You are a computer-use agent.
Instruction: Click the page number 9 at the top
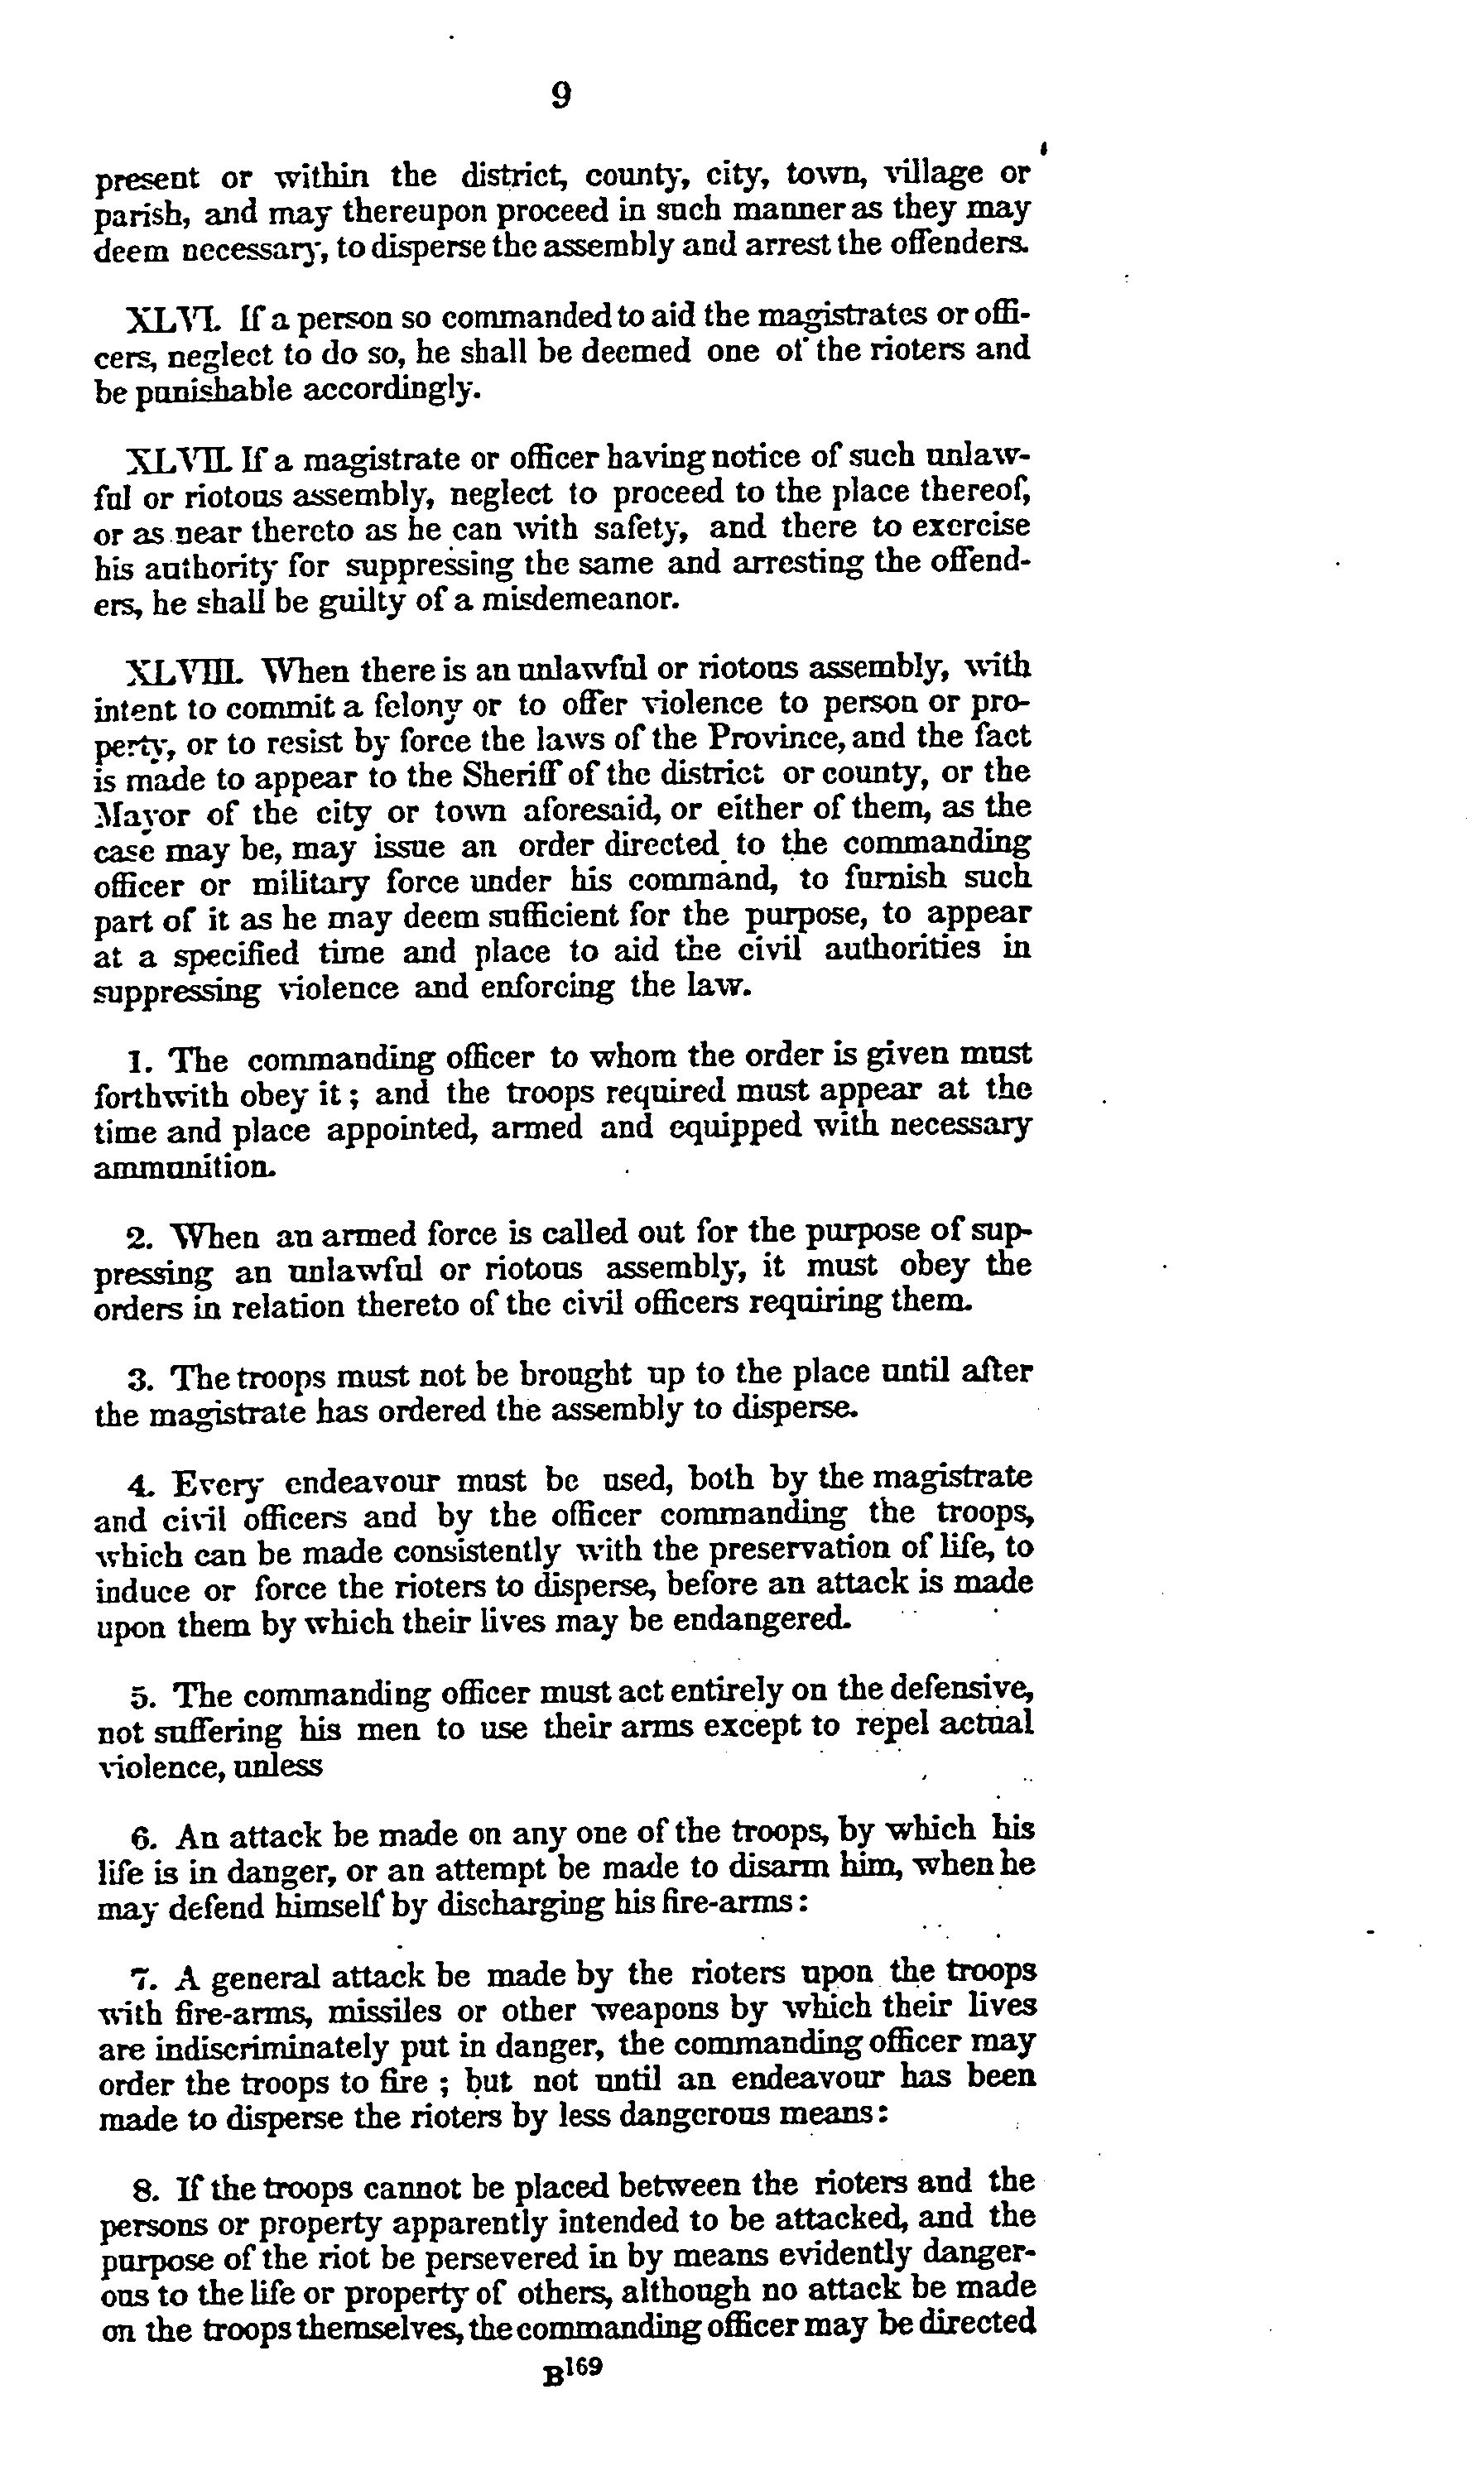[560, 96]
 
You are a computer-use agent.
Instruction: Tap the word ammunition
[185, 1167]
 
